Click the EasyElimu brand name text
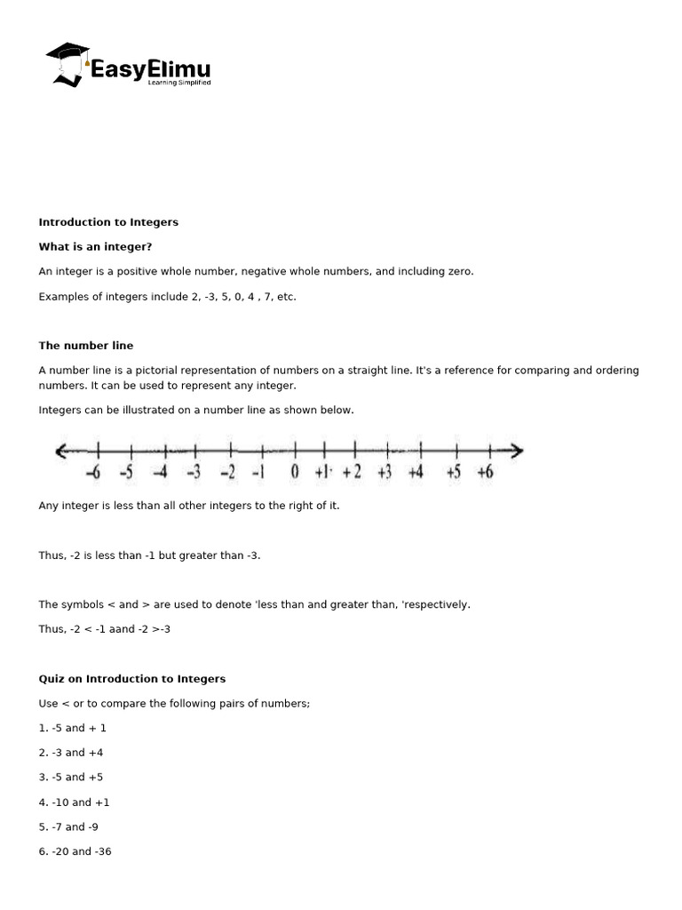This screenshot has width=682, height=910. click(x=150, y=69)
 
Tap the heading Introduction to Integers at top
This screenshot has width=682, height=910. click(x=108, y=222)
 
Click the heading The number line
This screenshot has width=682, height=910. click(x=86, y=346)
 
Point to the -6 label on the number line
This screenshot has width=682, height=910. click(x=93, y=473)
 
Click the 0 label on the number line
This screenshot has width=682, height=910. click(x=295, y=473)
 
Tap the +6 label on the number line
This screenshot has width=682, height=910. click(x=484, y=473)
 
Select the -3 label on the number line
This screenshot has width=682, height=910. click(x=193, y=473)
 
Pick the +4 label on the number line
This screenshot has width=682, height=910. click(x=415, y=473)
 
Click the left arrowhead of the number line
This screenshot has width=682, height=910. click(x=61, y=451)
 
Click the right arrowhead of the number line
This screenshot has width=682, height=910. click(x=516, y=451)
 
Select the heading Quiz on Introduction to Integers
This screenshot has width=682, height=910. click(x=132, y=679)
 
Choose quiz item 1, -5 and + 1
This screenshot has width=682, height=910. click(x=73, y=728)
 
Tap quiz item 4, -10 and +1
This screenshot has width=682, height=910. click(x=75, y=802)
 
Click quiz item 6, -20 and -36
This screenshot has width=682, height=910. click(x=75, y=851)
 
